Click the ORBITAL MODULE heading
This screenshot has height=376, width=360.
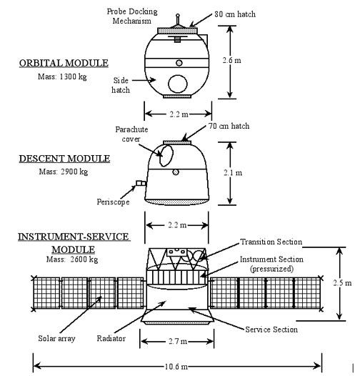click(64, 63)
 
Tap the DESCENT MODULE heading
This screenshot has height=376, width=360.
click(64, 159)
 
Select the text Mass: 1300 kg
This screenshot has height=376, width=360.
click(62, 76)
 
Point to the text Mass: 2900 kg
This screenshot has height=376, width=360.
click(64, 172)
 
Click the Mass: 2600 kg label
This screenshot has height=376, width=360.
click(72, 259)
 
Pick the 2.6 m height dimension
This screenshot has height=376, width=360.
click(231, 60)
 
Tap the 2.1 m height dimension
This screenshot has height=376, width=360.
click(233, 173)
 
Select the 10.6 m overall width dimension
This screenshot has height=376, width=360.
click(176, 367)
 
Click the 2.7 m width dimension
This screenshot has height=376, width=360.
click(178, 341)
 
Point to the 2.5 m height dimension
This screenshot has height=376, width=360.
click(342, 283)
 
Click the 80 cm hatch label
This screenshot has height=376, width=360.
click(235, 14)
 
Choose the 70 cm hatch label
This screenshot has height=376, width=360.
click(229, 126)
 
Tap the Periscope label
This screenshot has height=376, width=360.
click(113, 202)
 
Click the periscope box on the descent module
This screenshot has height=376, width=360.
click(141, 184)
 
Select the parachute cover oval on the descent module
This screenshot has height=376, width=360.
click(166, 156)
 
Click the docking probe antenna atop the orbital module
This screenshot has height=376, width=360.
click(178, 19)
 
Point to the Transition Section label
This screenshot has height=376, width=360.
click(271, 242)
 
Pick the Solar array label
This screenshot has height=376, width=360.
click(57, 338)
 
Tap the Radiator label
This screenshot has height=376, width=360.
click(111, 338)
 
